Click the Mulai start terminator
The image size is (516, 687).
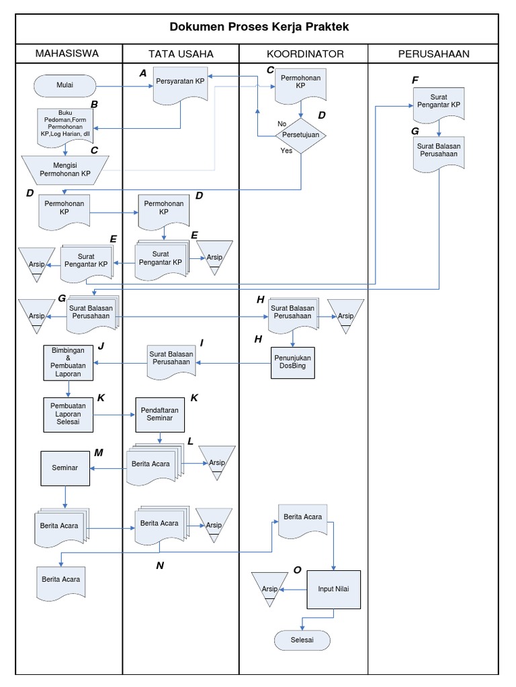(x=65, y=85)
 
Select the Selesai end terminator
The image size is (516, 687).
(x=302, y=640)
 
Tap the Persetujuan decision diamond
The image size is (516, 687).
(x=300, y=134)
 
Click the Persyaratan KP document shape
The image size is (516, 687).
(x=180, y=84)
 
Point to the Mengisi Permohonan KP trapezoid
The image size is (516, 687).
(x=66, y=169)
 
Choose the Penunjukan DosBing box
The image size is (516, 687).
(x=292, y=362)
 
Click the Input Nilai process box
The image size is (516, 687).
(x=334, y=589)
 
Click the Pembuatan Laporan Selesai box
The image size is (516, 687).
(x=68, y=414)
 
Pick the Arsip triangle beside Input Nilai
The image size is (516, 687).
(x=270, y=588)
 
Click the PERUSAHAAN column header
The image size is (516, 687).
(x=433, y=54)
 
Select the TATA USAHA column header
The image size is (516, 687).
(x=181, y=54)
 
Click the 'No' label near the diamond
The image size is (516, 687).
(x=282, y=123)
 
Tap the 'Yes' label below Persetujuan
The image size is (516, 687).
(x=286, y=151)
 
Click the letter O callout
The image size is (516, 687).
(x=297, y=570)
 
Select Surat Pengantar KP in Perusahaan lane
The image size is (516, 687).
(x=438, y=101)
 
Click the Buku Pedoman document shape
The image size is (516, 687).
(x=66, y=125)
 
